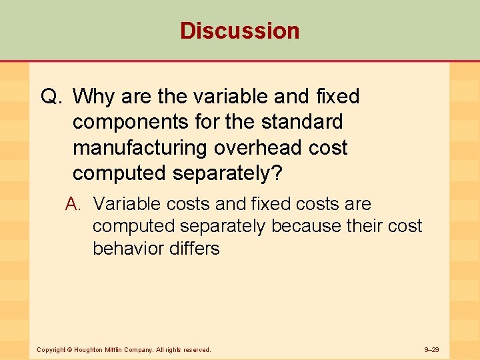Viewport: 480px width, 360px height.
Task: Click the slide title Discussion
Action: click(x=239, y=31)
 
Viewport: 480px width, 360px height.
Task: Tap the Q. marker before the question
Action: click(x=52, y=97)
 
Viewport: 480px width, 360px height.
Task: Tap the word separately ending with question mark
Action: click(x=227, y=173)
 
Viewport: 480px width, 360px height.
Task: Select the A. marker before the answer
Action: click(x=75, y=204)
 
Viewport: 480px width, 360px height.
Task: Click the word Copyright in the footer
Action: click(x=51, y=350)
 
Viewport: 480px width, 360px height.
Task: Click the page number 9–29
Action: click(x=431, y=350)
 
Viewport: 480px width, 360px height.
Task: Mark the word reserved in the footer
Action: click(x=197, y=350)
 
